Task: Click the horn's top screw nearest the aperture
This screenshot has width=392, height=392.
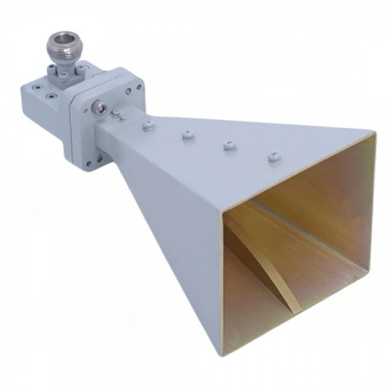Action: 274,158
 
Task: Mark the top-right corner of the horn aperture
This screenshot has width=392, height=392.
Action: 375,135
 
